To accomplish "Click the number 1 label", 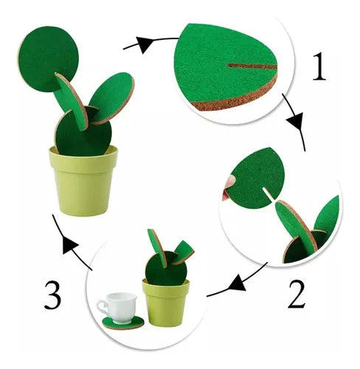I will [317, 67].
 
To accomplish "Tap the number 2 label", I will [296, 294].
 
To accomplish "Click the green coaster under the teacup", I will [123, 322].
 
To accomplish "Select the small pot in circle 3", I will [167, 303].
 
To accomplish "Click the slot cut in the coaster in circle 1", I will [251, 66].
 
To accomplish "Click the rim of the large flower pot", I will [83, 154].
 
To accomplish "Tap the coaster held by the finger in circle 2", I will [255, 177].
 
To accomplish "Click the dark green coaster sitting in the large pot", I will [83, 133].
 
